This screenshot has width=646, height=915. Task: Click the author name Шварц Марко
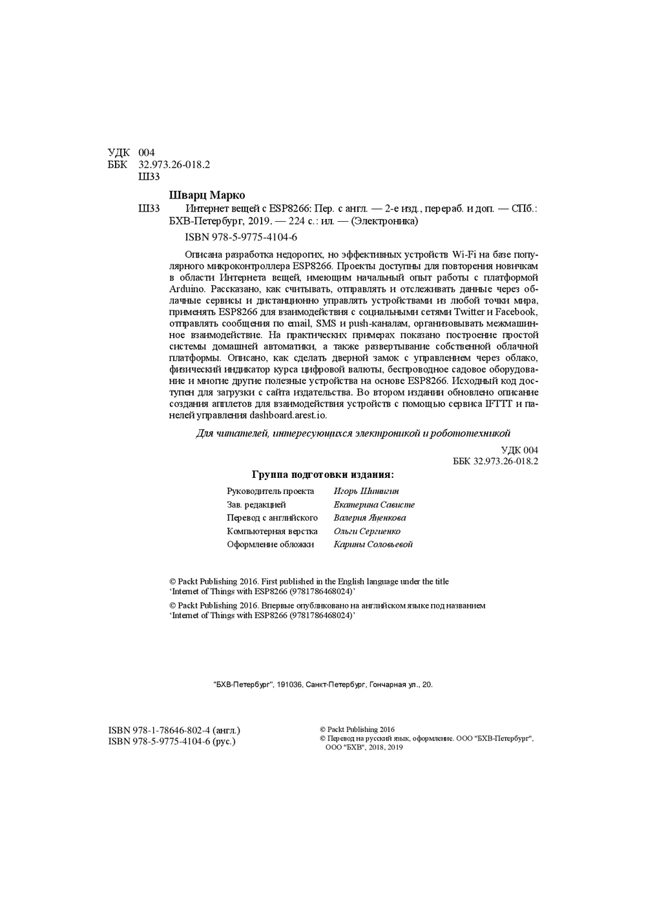click(207, 195)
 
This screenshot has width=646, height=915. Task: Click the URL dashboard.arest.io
click(288, 416)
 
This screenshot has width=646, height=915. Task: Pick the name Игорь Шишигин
click(366, 491)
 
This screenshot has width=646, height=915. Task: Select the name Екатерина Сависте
click(374, 504)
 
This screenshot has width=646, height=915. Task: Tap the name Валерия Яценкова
click(370, 518)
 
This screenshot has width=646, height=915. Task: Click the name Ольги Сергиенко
click(367, 532)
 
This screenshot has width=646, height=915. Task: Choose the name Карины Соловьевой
click(373, 544)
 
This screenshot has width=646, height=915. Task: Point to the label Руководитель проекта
click(270, 491)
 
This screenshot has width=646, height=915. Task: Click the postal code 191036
click(289, 684)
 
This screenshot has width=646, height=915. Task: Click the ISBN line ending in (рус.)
click(172, 742)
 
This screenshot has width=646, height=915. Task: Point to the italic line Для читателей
click(353, 433)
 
